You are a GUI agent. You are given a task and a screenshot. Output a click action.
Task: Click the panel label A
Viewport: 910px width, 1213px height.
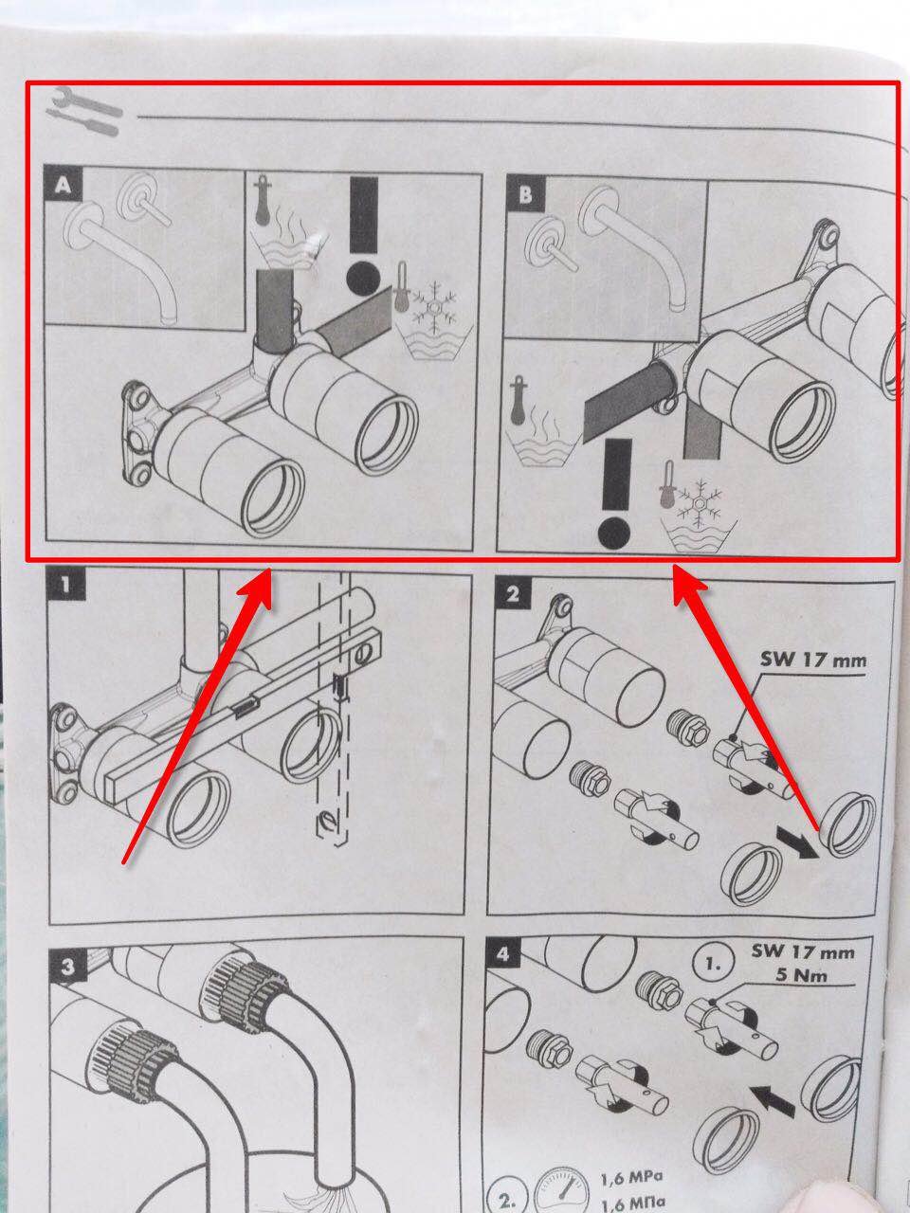point(63,183)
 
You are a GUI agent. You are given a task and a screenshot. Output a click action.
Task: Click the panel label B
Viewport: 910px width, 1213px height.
point(525,193)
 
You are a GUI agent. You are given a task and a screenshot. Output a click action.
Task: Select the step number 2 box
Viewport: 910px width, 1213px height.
point(513,593)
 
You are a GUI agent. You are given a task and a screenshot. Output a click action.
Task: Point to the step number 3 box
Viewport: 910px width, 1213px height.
point(67,967)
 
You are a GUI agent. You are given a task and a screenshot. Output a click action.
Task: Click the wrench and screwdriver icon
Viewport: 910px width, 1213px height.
point(84,111)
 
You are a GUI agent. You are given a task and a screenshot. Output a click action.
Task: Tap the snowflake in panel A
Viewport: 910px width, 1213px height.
point(435,307)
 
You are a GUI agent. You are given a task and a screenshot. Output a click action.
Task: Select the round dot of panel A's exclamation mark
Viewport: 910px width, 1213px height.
point(364,278)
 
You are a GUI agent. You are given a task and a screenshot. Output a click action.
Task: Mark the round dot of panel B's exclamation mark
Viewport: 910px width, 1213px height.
point(614,534)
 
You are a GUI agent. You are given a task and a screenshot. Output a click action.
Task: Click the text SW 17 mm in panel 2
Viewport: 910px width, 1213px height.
point(812,660)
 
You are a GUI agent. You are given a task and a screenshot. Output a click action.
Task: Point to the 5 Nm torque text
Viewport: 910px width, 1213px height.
point(801,974)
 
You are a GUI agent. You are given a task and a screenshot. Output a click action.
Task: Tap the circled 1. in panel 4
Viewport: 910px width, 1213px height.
point(713,965)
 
